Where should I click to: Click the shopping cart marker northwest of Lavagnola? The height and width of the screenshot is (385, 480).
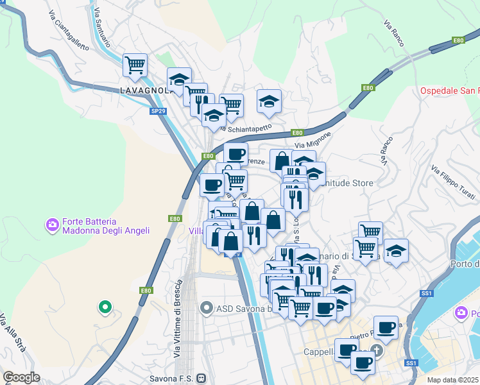point(135,64)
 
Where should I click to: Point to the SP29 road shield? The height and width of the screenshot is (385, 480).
point(159,111)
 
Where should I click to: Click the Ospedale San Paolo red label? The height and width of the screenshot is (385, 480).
point(449,90)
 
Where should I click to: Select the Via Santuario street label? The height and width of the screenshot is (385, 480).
point(102,29)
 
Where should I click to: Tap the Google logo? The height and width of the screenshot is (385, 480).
point(21,377)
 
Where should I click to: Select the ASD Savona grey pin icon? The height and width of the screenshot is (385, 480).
point(206,309)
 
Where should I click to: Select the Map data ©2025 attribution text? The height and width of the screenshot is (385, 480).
point(453,380)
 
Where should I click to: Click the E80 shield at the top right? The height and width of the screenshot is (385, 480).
point(458,40)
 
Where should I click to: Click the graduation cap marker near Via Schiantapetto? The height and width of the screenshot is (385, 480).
point(270,101)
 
